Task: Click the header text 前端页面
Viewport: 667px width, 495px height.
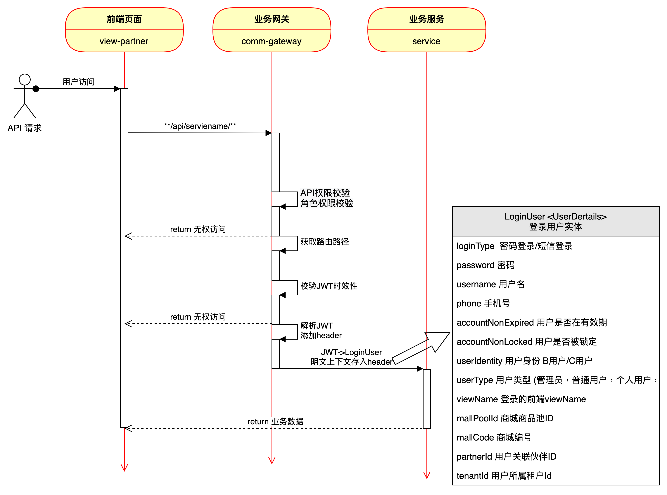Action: click(124, 19)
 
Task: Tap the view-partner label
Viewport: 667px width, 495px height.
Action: click(124, 41)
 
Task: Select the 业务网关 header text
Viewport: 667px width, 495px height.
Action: click(272, 19)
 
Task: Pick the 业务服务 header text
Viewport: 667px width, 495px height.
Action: click(427, 19)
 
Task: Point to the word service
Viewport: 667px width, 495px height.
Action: click(426, 41)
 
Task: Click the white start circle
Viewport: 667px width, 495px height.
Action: click(25, 80)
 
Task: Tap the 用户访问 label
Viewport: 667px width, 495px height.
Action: click(79, 82)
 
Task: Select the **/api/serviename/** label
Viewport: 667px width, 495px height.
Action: click(200, 126)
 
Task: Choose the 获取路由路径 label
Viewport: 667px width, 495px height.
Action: click(325, 242)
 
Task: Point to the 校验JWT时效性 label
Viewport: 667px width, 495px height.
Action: click(329, 286)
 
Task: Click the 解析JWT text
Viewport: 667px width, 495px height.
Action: click(317, 326)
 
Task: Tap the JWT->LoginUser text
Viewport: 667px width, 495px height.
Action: click(351, 352)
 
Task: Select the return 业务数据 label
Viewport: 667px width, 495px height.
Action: click(275, 422)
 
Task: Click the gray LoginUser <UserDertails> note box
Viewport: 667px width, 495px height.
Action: click(556, 221)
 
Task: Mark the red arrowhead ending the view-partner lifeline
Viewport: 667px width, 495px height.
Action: click(124, 468)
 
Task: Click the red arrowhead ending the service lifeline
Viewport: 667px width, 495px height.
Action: click(427, 475)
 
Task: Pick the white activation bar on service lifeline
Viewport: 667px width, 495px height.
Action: click(427, 399)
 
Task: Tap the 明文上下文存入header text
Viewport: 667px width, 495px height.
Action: click(351, 362)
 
